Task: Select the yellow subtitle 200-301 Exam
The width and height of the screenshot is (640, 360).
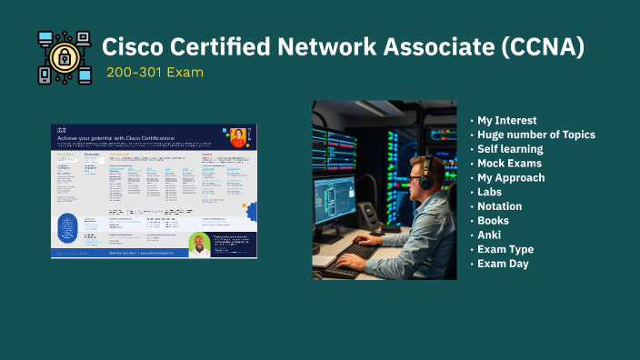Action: pyautogui.click(x=154, y=72)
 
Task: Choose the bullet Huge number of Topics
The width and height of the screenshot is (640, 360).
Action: pyautogui.click(x=535, y=135)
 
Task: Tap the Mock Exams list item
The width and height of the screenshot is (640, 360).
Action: pyautogui.click(x=508, y=164)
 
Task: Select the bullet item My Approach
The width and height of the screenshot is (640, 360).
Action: pyautogui.click(x=510, y=178)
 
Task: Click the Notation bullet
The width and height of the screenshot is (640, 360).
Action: pyautogui.click(x=499, y=206)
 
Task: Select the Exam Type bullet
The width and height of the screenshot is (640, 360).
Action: pyautogui.click(x=505, y=249)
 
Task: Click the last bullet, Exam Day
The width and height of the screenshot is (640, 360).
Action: pyautogui.click(x=503, y=264)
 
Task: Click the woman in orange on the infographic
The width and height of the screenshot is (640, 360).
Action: pyautogui.click(x=238, y=138)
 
